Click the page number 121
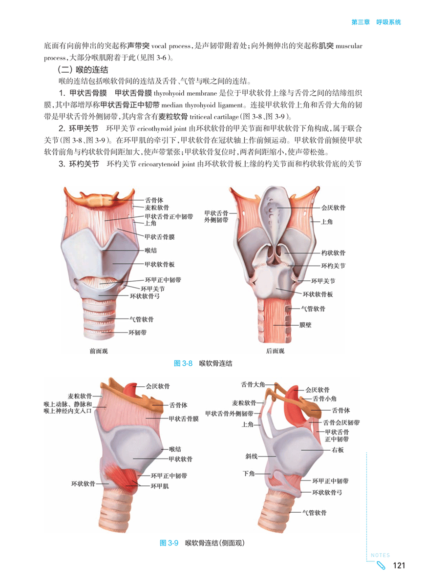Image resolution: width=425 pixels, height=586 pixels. [x=399, y=565]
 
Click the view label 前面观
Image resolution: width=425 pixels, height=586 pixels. [x=99, y=351]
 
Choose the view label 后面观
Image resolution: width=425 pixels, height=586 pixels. [x=275, y=351]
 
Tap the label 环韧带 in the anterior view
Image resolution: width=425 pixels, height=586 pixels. [x=137, y=333]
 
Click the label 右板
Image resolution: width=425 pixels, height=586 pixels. [x=338, y=450]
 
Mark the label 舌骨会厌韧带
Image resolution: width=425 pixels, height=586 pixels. [x=340, y=422]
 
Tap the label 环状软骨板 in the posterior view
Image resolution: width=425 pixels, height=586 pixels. [x=318, y=294]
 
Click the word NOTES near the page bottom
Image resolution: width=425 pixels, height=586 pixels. [x=380, y=555]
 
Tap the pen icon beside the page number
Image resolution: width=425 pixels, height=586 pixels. [x=382, y=566]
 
